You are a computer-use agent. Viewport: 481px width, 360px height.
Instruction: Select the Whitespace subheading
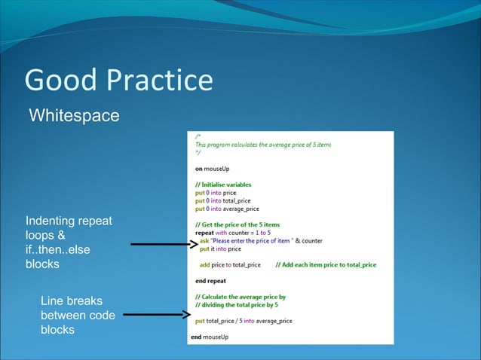[x=74, y=116]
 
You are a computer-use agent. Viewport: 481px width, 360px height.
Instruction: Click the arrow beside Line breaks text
[x=154, y=315]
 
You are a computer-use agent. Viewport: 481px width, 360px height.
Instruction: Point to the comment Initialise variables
[x=223, y=185]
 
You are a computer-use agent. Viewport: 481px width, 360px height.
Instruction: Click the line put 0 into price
[x=215, y=193]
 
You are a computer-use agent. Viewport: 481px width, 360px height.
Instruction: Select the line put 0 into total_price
[x=222, y=201]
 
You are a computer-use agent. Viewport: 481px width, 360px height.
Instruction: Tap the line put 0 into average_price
[x=226, y=209]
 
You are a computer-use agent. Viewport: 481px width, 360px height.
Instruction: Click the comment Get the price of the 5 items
[x=237, y=224]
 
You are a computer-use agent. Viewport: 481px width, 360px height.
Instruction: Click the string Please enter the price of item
[x=249, y=241]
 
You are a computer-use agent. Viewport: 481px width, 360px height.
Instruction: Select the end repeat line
[x=211, y=281]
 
